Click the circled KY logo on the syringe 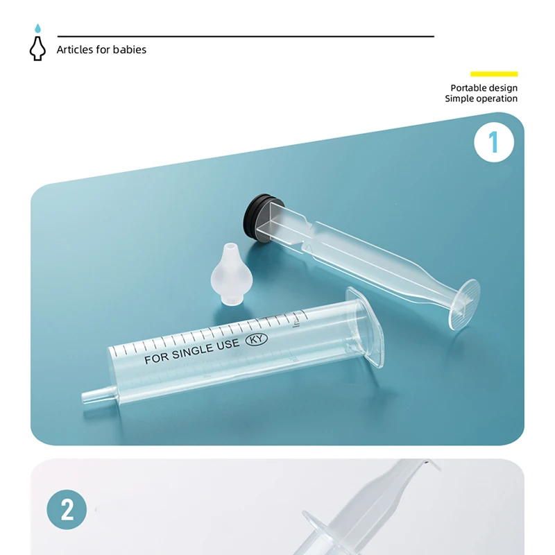258,340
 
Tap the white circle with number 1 494,142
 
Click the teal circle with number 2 67,510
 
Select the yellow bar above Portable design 494,74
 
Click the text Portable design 484,88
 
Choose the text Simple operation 481,99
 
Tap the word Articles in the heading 74,49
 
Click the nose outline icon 37,49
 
